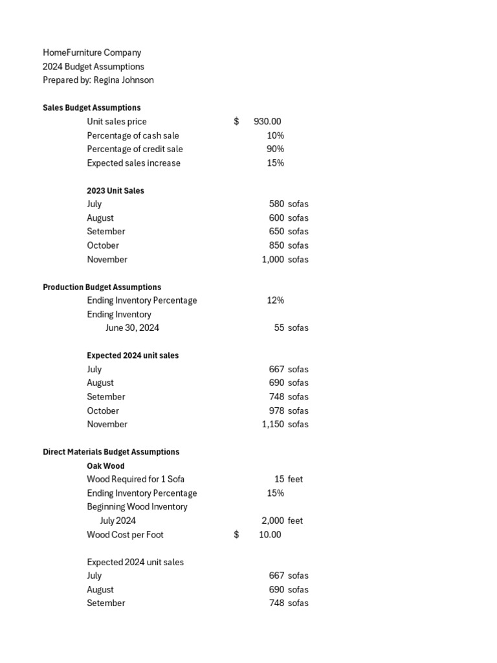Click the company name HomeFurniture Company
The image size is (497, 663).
pyautogui.click(x=92, y=52)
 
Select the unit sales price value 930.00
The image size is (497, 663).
pyautogui.click(x=267, y=122)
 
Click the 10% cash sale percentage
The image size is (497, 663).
pyautogui.click(x=275, y=135)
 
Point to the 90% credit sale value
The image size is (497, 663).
pyautogui.click(x=275, y=149)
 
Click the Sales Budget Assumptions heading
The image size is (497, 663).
pyautogui.click(x=91, y=107)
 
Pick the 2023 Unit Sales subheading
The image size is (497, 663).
pyautogui.click(x=115, y=190)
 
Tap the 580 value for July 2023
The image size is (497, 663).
pyautogui.click(x=276, y=204)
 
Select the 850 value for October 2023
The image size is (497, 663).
pyautogui.click(x=276, y=245)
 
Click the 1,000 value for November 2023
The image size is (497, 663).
pyautogui.click(x=272, y=260)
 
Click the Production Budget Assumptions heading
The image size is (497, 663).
pyautogui.click(x=102, y=287)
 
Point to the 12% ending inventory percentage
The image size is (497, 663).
pyautogui.click(x=275, y=300)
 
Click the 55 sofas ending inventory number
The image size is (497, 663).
pyautogui.click(x=279, y=328)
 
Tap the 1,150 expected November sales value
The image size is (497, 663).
pyautogui.click(x=272, y=424)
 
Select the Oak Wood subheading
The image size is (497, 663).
pyautogui.click(x=105, y=466)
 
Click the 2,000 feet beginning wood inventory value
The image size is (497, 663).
pyautogui.click(x=272, y=521)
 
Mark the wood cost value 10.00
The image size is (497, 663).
pyautogui.click(x=270, y=535)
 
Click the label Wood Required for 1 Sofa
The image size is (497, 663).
pyautogui.click(x=135, y=479)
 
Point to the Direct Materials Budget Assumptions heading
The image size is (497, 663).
pyautogui.click(x=111, y=452)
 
